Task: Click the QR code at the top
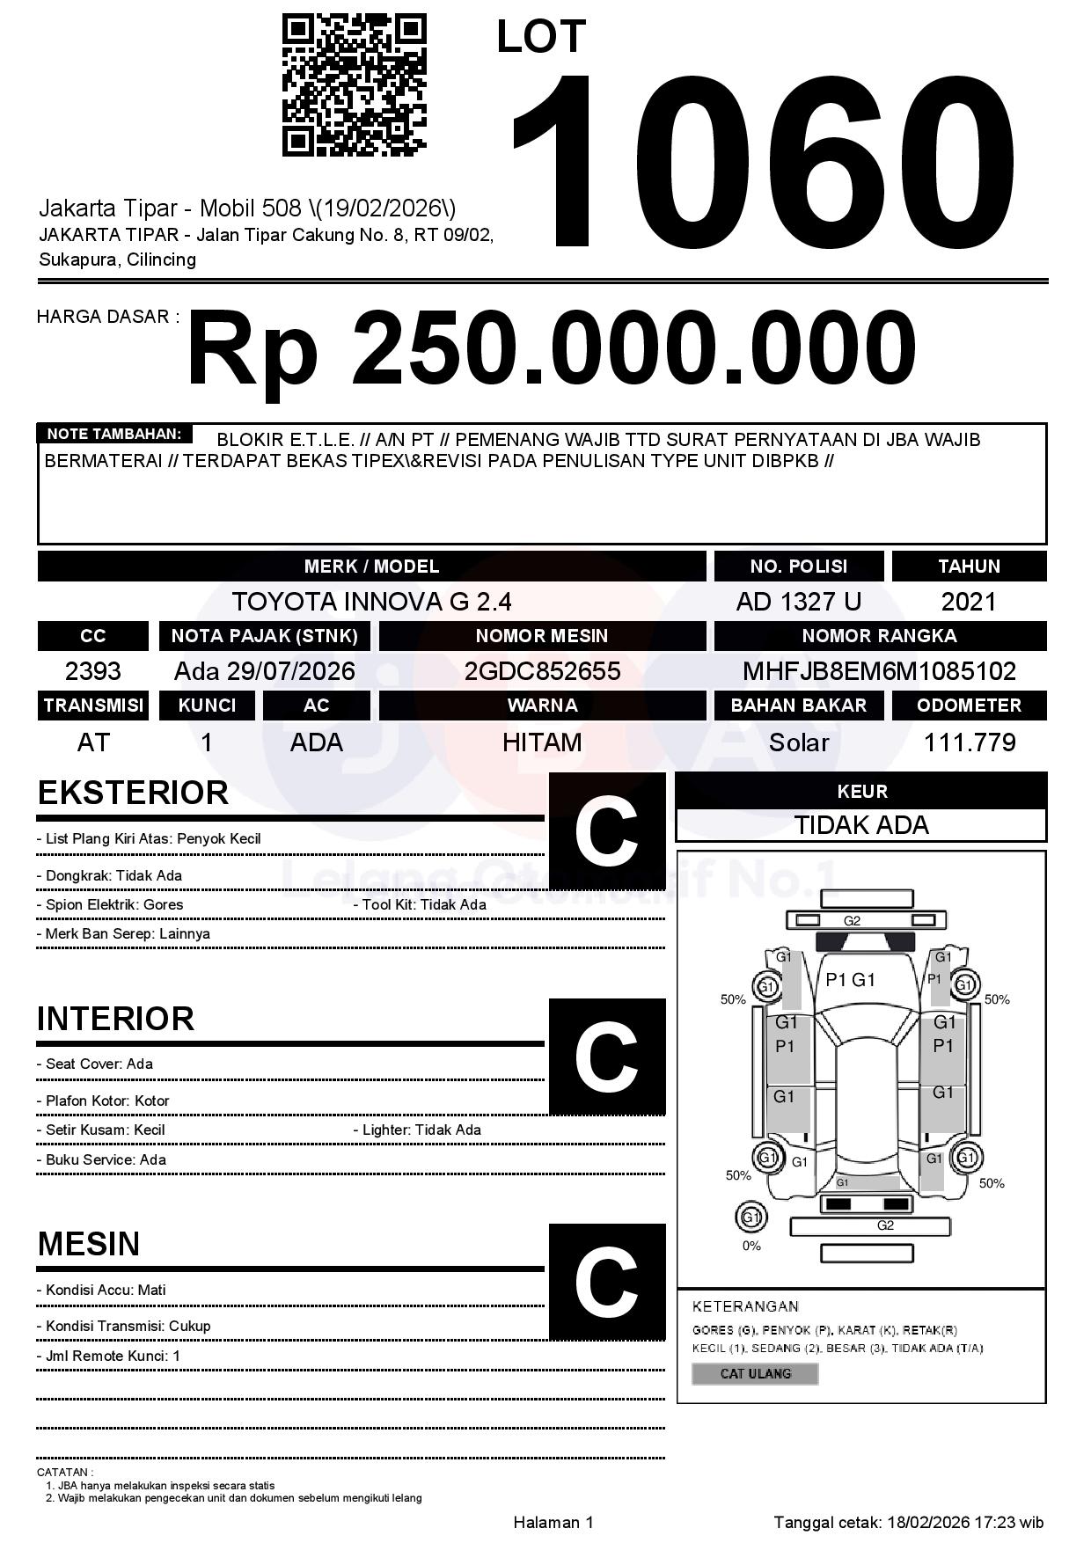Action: (354, 84)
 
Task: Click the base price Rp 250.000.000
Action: (552, 350)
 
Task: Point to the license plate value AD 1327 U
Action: (798, 602)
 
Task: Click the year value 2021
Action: (969, 602)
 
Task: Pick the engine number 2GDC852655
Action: (542, 671)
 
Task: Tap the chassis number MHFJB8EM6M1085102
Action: (879, 671)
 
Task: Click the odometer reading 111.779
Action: (969, 742)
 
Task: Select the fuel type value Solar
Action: (798, 742)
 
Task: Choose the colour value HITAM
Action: (542, 742)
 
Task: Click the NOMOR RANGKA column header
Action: (879, 635)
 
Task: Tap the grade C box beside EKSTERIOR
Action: (606, 831)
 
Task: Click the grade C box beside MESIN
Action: (606, 1282)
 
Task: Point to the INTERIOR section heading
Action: (115, 1019)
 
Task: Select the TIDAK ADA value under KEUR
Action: (860, 825)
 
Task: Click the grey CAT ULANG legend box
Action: (755, 1373)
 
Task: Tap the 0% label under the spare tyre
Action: (751, 1246)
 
